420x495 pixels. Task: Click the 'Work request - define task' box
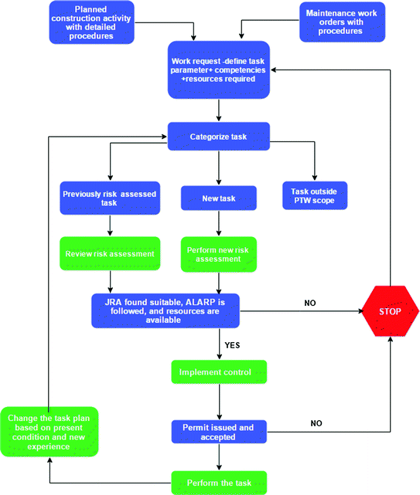pos(220,70)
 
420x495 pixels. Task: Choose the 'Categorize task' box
pos(219,137)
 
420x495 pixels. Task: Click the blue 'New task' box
pos(219,198)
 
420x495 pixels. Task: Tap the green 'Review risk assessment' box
pos(110,253)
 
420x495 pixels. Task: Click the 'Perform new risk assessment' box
pos(219,254)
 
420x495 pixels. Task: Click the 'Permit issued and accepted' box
pos(219,430)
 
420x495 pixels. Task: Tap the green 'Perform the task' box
pos(219,483)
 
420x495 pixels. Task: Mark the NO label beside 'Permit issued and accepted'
pos(316,423)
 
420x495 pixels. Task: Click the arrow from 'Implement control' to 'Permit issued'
pos(220,402)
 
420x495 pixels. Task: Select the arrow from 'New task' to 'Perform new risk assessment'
pos(219,223)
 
